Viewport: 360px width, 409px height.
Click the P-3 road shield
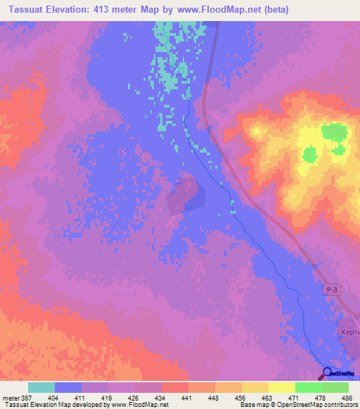(x=332, y=290)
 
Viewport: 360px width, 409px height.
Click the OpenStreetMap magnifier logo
(x=326, y=373)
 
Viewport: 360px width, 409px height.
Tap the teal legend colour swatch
(x=41, y=388)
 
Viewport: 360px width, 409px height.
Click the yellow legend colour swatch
(x=282, y=388)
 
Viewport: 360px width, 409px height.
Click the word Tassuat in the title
(x=25, y=10)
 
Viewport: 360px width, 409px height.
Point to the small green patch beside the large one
(x=339, y=150)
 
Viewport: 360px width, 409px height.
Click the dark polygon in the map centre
(x=185, y=196)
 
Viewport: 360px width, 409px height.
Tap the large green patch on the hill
(x=334, y=132)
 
